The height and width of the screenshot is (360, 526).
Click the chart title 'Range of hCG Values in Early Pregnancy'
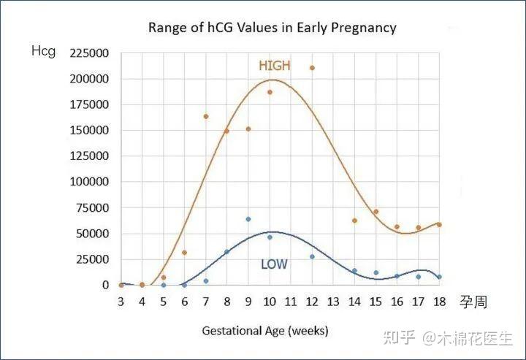coord(272,28)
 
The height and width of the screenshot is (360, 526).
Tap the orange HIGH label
coord(275,66)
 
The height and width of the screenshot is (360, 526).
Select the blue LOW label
coord(274,264)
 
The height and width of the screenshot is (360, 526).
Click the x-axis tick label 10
coord(270,302)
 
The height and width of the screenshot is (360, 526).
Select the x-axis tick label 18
coord(439,302)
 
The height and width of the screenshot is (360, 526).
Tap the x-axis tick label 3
coord(121,302)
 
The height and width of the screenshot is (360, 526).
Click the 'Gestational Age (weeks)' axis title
coord(266,331)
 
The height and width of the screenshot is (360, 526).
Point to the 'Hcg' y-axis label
coord(43,51)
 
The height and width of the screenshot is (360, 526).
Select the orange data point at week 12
coord(312,68)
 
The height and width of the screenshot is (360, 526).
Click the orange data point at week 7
coord(206,117)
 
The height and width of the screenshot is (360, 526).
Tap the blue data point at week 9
coord(248,219)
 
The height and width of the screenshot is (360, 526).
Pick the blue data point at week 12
coord(312,256)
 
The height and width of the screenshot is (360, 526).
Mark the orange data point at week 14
coord(354,221)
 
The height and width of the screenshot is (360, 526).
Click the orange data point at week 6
coord(185,253)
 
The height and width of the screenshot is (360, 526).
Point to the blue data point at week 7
coord(206,281)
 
